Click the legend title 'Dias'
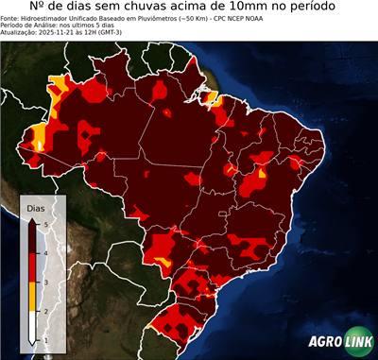(x=35, y=207)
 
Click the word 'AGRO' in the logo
(x=323, y=343)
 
